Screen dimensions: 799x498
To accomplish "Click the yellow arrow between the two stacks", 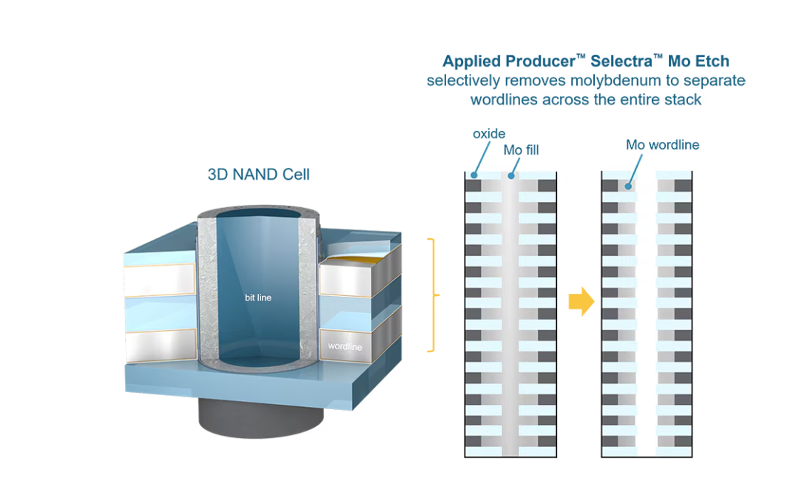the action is point(581,301).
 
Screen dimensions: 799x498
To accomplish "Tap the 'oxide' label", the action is point(489,133).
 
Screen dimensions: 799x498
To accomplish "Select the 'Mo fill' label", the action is point(521,150).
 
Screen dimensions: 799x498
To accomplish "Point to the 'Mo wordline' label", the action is point(662,145).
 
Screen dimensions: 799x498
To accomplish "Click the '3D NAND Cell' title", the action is point(258,175).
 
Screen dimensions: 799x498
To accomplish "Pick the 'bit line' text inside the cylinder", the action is point(258,297).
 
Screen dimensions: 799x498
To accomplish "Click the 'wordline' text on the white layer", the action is point(345,346).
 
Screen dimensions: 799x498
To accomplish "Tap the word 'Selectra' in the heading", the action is point(621,61).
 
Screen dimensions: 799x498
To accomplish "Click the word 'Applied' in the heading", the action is point(472,61).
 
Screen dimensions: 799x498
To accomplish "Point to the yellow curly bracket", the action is point(433,295).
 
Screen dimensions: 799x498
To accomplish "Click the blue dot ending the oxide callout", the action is point(474,175).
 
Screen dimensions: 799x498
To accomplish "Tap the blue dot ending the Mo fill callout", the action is point(511,176).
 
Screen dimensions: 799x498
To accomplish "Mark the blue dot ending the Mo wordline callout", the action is point(628,186).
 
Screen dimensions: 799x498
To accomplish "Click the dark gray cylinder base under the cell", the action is point(261,419).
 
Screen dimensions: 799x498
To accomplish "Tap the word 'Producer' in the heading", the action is point(541,61).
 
